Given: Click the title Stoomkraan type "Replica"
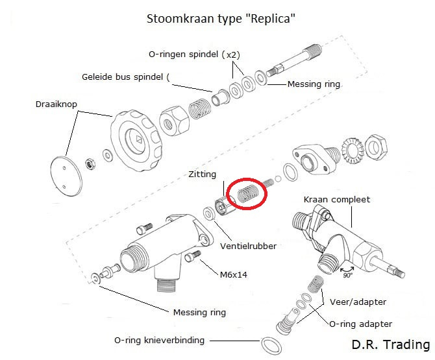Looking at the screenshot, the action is (221, 19).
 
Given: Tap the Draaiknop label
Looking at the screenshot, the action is (56, 104).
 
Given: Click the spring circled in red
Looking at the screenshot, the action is (248, 193).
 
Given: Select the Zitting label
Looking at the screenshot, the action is (202, 174).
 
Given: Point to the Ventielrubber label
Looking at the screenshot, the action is (248, 246).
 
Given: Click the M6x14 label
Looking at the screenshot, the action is (234, 274).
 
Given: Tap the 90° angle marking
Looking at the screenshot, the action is (347, 275).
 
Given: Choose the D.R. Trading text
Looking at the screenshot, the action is (391, 344).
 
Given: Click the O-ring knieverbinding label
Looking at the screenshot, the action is (159, 340).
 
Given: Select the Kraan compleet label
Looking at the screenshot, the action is (337, 199).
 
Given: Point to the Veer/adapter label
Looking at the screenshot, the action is (358, 302).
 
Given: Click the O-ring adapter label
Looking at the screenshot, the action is (360, 324).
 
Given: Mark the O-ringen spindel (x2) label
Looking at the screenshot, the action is (194, 54).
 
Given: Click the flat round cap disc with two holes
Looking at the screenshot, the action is (66, 176).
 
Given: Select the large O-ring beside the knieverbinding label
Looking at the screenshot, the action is (271, 346).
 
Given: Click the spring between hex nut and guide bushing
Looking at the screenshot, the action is (199, 108).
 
